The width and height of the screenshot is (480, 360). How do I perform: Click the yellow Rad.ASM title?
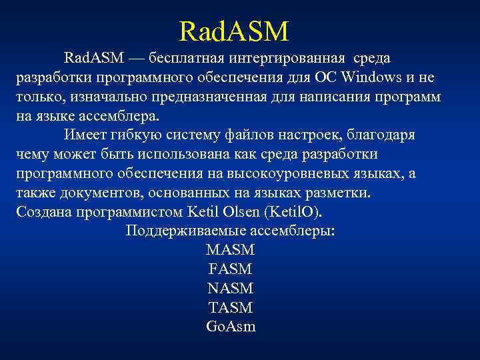tap(234, 31)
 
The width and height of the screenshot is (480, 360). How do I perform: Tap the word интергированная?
tap(290, 59)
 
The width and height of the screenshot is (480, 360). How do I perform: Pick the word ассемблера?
tap(123, 117)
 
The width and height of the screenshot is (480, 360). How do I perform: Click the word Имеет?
tap(84, 136)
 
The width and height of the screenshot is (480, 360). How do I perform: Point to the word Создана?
tap(41, 213)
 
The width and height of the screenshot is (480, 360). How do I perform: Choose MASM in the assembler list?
tap(231, 251)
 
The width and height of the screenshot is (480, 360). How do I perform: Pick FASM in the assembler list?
tap(231, 270)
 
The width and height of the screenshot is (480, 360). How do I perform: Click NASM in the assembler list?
tap(231, 289)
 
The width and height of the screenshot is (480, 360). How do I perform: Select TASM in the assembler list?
tap(231, 309)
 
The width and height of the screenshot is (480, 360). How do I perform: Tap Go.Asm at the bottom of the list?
tap(231, 328)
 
